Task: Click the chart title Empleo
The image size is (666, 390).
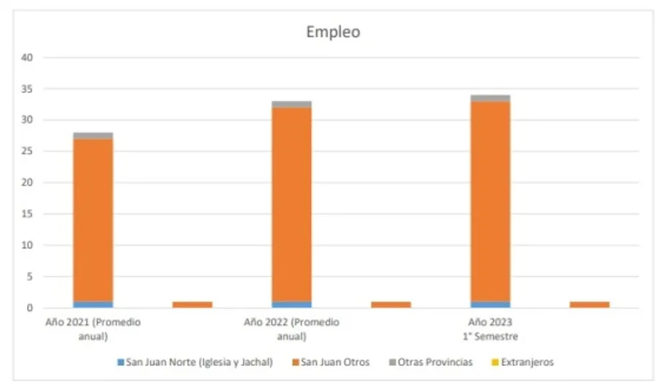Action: point(332,32)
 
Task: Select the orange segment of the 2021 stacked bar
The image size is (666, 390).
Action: point(93,220)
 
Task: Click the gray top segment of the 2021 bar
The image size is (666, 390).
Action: point(93,136)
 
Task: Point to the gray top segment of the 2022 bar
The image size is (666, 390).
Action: point(291,104)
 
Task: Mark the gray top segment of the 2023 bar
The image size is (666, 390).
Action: point(490,98)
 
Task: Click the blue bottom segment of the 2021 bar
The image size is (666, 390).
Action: point(93,304)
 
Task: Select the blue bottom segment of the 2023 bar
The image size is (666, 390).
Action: point(490,304)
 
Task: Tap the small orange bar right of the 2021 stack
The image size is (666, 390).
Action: point(192,304)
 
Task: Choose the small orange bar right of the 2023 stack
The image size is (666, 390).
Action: point(589,304)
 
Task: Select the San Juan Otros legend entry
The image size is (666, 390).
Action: point(333,362)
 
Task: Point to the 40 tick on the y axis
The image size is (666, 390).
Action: point(29,57)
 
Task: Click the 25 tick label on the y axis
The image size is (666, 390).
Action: point(29,152)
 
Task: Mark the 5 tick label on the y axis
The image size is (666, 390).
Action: point(31,277)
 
